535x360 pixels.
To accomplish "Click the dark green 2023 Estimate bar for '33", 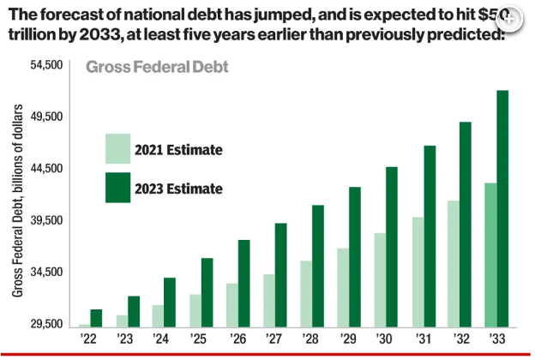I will (x=503, y=208).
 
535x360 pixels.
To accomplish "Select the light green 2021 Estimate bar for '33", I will (x=490, y=255).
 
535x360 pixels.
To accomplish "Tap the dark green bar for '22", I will (x=96, y=317).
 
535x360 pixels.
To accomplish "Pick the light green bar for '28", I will (x=306, y=293).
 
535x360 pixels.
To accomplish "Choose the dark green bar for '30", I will (x=391, y=246).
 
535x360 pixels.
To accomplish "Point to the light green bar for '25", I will (x=195, y=310).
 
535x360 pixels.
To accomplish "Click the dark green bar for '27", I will (x=280, y=274).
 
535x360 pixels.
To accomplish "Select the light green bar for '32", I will (x=454, y=263).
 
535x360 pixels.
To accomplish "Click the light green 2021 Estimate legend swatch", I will (x=117, y=148).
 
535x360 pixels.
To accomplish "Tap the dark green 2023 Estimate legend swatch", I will (x=117, y=188).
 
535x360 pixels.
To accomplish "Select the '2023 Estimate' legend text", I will (x=178, y=189).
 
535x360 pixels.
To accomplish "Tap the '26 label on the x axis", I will (x=237, y=339).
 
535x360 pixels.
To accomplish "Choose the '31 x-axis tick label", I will (x=423, y=339).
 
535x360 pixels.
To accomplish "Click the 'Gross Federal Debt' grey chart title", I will (x=162, y=67).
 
